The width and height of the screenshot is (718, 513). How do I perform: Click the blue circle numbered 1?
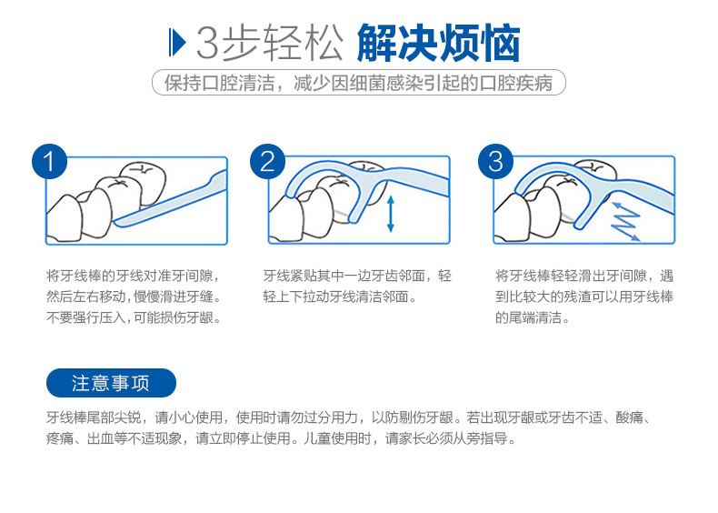[49, 162]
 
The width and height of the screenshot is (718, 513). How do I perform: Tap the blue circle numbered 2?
[267, 162]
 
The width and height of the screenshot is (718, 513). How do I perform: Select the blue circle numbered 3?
[495, 162]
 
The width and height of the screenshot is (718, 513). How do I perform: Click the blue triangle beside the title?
[177, 43]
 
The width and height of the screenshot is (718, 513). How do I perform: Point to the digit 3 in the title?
[208, 43]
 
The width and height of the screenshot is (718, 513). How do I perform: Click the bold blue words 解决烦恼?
[438, 43]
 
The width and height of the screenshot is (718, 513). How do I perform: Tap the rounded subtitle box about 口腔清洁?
[359, 83]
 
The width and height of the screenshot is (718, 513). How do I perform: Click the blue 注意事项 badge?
[111, 383]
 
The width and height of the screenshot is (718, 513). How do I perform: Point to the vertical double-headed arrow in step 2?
[390, 213]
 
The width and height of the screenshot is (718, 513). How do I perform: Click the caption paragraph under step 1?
[134, 297]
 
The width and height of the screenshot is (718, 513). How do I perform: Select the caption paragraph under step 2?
[357, 287]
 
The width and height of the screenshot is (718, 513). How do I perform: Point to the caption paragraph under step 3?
[583, 297]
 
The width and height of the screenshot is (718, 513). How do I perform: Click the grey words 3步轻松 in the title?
[270, 43]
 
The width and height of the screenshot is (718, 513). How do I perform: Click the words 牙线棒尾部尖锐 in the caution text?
[94, 417]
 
